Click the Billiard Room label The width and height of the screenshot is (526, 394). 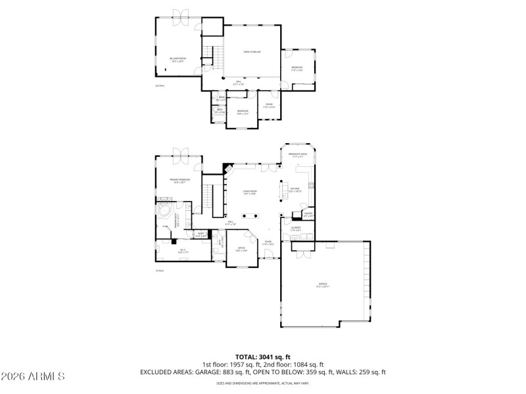click(178, 60)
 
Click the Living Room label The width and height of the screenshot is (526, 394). click(249, 192)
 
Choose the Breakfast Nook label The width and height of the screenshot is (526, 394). click(298, 155)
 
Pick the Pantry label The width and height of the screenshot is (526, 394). click(308, 213)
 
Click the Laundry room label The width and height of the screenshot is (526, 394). click(295, 229)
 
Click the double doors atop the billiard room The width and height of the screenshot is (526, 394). click(179, 14)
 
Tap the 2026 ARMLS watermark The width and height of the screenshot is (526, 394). click(33, 376)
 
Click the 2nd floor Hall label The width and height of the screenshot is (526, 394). click(239, 83)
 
